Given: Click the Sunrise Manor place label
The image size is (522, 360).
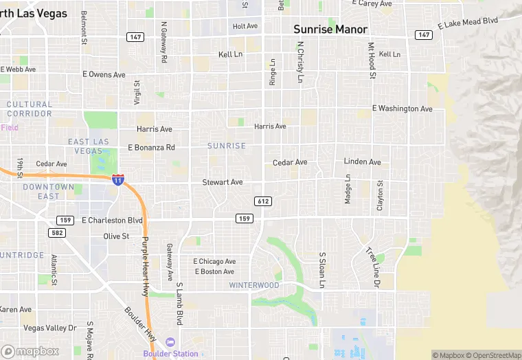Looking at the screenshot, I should click(x=330, y=30).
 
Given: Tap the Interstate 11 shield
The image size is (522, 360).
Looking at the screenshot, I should click(x=118, y=179).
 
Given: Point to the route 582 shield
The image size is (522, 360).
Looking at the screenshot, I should click(x=57, y=233).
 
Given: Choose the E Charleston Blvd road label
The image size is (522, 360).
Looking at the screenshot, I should click(x=112, y=221).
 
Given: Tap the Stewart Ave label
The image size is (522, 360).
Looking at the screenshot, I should click(x=222, y=182).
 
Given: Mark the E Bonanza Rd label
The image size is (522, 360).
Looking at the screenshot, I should click(x=151, y=148).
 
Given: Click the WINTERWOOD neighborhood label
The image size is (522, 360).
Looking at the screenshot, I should click(x=254, y=285).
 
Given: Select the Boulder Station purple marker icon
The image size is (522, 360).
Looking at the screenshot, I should click(x=170, y=342).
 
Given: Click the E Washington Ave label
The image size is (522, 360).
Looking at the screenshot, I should click(x=402, y=109).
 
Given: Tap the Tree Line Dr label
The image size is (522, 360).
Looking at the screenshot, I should click(x=372, y=267).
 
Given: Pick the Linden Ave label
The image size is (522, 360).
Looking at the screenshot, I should click(x=362, y=162).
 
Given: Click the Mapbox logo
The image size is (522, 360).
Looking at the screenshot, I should click(x=30, y=351).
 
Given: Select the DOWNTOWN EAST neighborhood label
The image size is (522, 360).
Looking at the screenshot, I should click(x=48, y=192).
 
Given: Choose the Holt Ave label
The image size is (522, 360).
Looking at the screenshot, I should click(x=245, y=26).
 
